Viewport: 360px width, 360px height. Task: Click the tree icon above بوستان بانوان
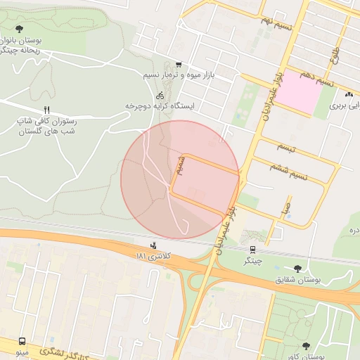point(18,28)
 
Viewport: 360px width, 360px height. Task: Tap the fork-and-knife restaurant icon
point(47,110)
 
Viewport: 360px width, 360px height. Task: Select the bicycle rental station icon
point(160,94)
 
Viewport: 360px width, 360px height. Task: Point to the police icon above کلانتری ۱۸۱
point(153,245)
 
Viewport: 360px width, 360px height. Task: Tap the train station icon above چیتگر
point(252,249)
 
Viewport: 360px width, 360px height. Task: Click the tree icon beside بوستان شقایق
point(298,268)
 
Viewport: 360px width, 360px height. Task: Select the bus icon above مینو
point(23,340)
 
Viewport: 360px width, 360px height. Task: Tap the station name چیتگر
point(252,260)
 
